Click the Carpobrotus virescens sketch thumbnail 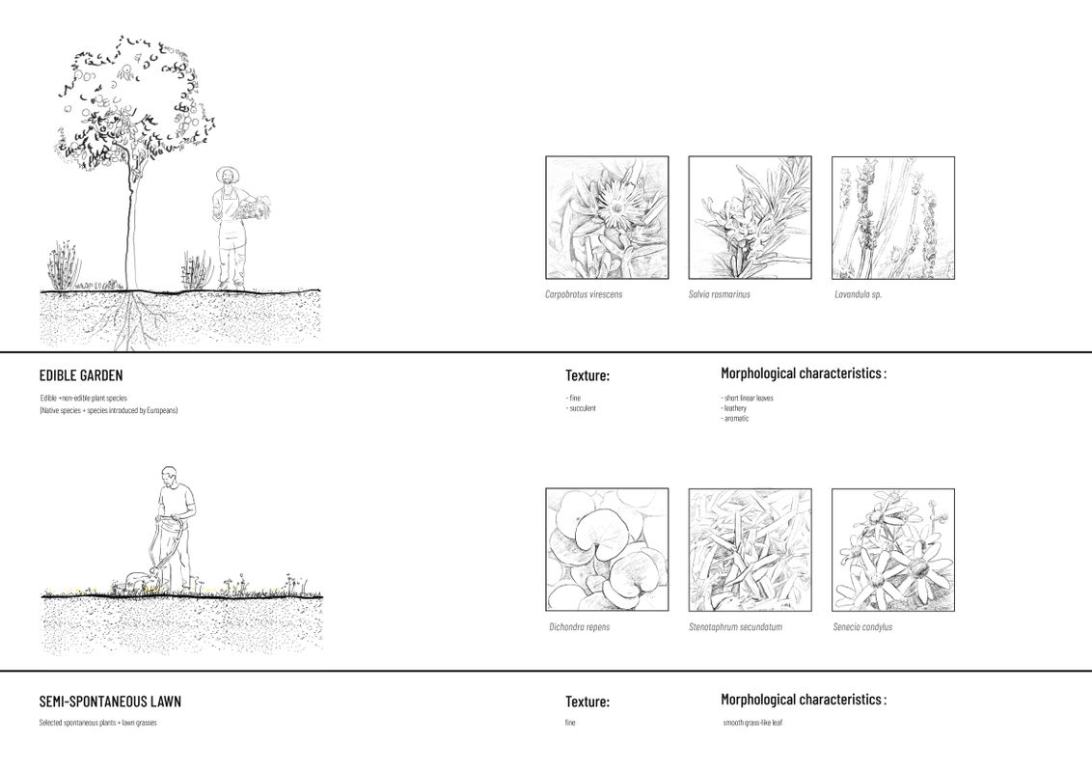(607, 218)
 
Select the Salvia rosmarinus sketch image (750, 218)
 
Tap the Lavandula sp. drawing (892, 218)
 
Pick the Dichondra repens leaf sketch (607, 549)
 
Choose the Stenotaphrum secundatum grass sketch (750, 549)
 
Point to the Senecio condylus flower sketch (892, 549)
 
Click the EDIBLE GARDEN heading (81, 375)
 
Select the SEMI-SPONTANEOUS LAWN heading (110, 702)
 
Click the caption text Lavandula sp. (858, 294)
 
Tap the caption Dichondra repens (579, 627)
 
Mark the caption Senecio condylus (862, 627)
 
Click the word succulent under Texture (582, 408)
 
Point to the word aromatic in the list (735, 418)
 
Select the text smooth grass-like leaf (752, 723)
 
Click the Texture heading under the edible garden (587, 375)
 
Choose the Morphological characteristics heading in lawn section (803, 700)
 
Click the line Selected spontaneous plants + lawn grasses (97, 723)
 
